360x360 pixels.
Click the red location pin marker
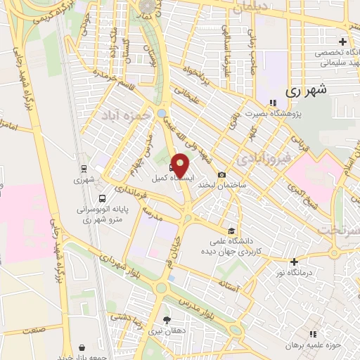click(181, 165)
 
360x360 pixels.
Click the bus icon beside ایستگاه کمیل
click(173, 167)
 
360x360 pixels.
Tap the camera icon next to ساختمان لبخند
click(222, 174)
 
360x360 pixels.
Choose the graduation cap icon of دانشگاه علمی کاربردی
click(231, 231)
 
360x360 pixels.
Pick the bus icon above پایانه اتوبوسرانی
click(103, 199)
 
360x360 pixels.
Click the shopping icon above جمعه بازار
click(83, 347)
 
